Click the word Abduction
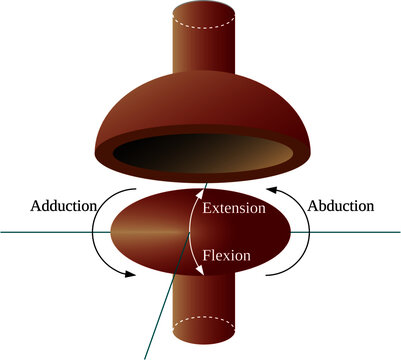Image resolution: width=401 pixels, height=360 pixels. click(341, 205)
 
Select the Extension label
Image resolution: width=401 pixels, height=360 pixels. click(233, 209)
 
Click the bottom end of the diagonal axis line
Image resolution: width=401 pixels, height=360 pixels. click(147, 356)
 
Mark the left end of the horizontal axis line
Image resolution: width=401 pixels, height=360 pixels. click(3, 232)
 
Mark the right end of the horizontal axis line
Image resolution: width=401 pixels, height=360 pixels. click(397, 232)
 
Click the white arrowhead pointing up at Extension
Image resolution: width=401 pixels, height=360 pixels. click(205, 189)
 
